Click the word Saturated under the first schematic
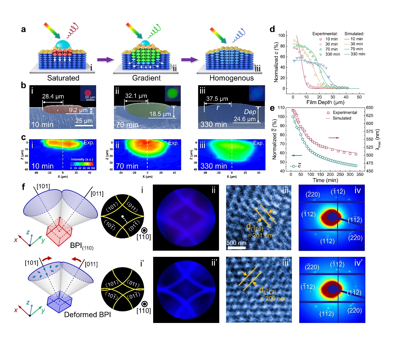pos(63,78)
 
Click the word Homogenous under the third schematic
pos(231,78)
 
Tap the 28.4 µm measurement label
pos(53,96)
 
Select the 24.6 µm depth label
pos(245,119)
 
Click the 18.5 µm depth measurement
pos(160,114)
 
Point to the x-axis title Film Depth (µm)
pos(325,102)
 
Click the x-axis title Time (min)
pos(325,180)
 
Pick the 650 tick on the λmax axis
pos(370,108)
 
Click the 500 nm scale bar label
pos(236,243)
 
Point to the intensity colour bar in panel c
pos(82,164)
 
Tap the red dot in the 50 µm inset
pos(88,93)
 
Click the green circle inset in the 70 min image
pos(173,93)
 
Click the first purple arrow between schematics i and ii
pos(106,60)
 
